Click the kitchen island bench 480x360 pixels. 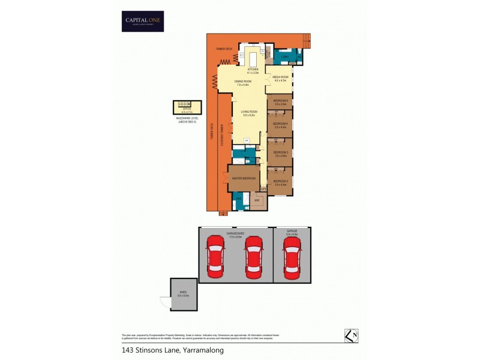pos(252,59)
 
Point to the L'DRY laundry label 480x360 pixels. pos(285,57)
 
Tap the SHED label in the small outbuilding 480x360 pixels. pos(184,293)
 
